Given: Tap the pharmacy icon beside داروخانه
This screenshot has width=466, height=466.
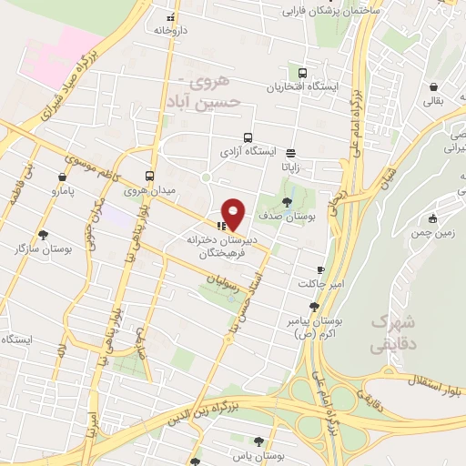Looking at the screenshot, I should [x=169, y=17].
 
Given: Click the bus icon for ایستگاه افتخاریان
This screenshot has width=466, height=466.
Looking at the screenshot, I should [x=302, y=74].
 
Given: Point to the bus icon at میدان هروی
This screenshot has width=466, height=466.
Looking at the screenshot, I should [x=150, y=177].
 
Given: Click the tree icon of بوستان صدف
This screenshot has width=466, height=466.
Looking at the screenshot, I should [x=288, y=201].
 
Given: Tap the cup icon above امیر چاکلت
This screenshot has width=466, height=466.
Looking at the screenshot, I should [x=320, y=270].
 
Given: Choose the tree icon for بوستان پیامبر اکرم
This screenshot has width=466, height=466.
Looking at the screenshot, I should [x=315, y=307].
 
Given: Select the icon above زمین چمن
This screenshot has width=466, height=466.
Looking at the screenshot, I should [x=432, y=218].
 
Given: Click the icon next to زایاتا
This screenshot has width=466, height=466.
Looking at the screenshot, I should [x=290, y=153].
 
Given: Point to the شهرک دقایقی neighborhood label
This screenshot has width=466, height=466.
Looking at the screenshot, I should [x=392, y=333].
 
